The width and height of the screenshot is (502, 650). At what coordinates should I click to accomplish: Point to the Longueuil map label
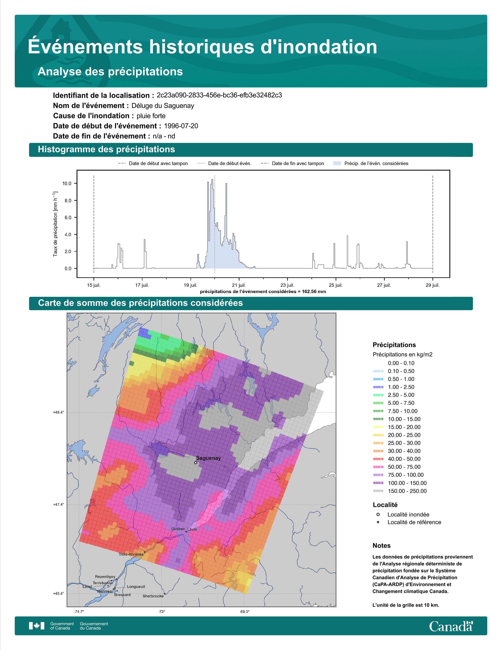[x=136, y=587]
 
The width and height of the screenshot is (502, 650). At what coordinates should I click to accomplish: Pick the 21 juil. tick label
[x=239, y=285]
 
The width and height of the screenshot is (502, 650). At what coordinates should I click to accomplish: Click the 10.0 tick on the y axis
[x=67, y=183]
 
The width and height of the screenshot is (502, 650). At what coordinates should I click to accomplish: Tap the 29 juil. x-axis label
[x=433, y=285]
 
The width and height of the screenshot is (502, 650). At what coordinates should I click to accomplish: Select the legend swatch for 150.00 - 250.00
[x=378, y=491]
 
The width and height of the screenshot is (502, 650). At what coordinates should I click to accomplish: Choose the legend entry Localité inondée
[x=408, y=514]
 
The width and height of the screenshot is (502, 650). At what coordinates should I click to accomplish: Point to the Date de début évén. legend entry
[x=230, y=163]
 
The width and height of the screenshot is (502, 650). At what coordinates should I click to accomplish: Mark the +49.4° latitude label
[x=58, y=412]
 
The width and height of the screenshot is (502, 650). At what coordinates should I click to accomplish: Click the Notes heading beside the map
[x=381, y=546]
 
